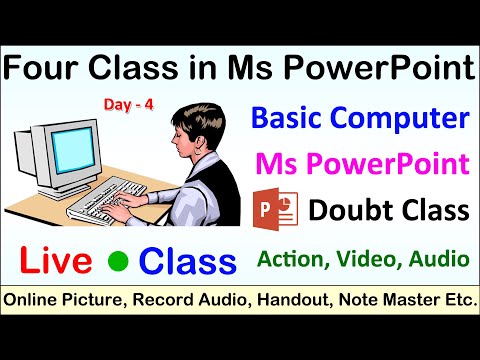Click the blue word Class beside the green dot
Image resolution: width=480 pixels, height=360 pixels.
pos(187,260)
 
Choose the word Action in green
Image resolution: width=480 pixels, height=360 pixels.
pos(292,259)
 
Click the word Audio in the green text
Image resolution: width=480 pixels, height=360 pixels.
pos(440,259)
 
